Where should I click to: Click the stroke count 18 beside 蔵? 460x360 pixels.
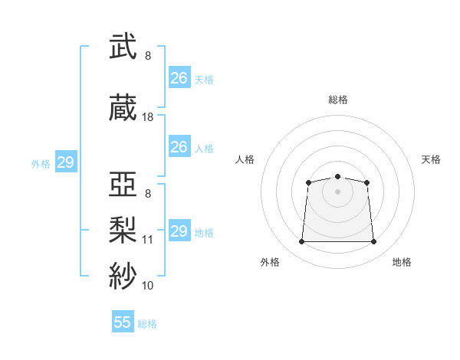(148, 117)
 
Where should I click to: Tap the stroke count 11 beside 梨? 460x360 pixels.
(148, 239)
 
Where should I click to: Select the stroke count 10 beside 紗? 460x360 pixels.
(148, 285)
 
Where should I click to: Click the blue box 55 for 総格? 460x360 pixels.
(123, 322)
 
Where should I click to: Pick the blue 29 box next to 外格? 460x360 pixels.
(65, 162)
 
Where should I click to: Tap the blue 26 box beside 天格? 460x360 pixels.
(179, 78)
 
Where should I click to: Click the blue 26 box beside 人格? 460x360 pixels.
(179, 147)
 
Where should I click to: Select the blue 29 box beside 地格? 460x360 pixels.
(179, 231)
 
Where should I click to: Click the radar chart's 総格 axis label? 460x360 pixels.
(338, 100)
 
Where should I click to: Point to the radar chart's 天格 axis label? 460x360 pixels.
(431, 159)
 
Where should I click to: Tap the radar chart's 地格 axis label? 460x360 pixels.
(402, 262)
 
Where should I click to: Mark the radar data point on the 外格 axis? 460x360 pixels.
(301, 242)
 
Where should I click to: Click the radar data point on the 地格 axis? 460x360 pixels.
(374, 242)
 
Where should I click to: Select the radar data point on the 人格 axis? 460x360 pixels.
(308, 182)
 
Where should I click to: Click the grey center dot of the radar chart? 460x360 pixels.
(337, 191)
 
